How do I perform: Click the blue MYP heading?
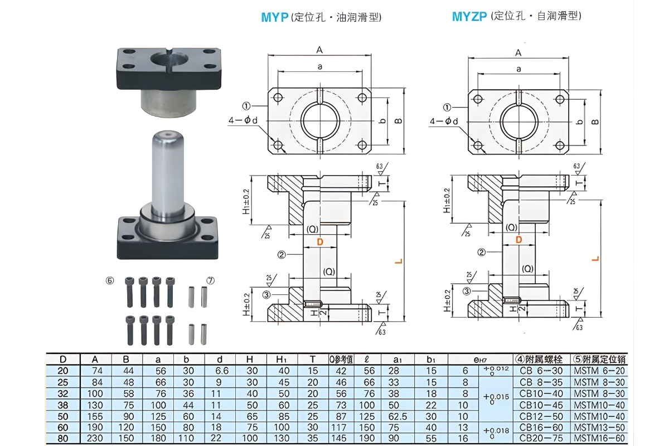click(275, 17)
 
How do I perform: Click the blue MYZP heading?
click(469, 17)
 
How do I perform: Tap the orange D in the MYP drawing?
click(319, 242)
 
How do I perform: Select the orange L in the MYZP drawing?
click(595, 259)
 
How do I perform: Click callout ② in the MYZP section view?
click(481, 252)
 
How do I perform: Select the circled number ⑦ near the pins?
click(210, 280)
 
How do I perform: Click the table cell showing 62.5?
click(400, 416)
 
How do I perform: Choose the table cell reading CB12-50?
click(541, 416)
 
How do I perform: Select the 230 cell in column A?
click(97, 438)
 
